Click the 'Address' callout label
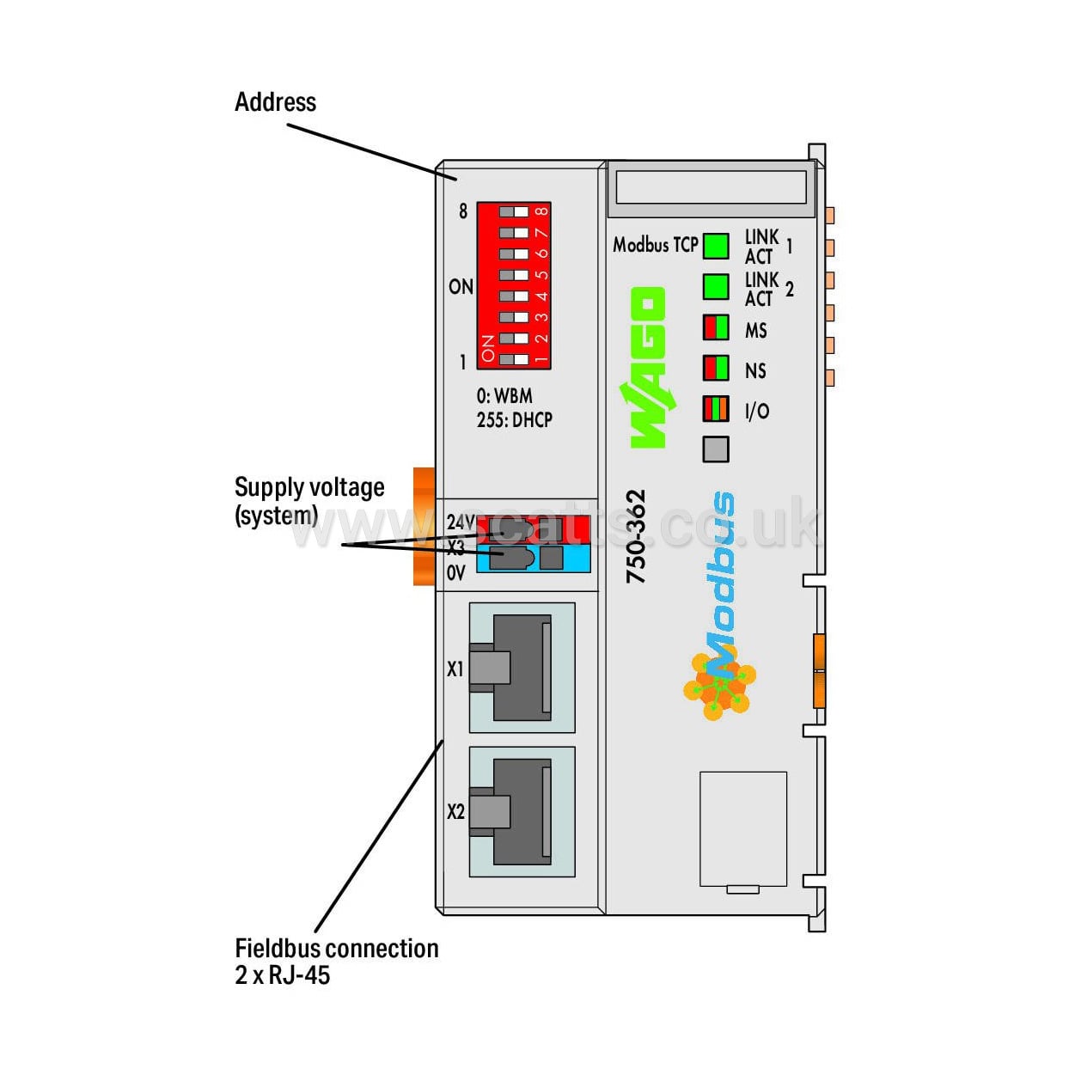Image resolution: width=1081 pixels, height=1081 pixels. pyautogui.click(x=275, y=102)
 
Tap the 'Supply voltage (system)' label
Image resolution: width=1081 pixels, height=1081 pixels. pyautogui.click(x=308, y=500)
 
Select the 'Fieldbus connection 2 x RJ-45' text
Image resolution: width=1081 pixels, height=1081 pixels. pyautogui.click(x=336, y=961)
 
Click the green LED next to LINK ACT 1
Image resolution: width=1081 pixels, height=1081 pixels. pyautogui.click(x=716, y=246)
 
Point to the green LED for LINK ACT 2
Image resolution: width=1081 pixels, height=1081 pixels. pyautogui.click(x=716, y=287)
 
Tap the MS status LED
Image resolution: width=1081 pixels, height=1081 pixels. pyautogui.click(x=716, y=328)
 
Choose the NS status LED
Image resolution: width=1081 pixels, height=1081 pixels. pyautogui.click(x=716, y=368)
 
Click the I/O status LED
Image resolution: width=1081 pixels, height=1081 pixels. pyautogui.click(x=716, y=408)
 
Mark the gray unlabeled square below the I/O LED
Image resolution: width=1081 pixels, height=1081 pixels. pyautogui.click(x=716, y=449)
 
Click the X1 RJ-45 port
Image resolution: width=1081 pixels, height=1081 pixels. pyautogui.click(x=522, y=668)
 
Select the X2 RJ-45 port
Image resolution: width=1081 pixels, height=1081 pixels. pyautogui.click(x=522, y=812)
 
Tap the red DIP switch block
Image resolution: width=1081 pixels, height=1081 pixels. pyautogui.click(x=514, y=285)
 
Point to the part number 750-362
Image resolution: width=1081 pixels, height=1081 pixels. pyautogui.click(x=636, y=537)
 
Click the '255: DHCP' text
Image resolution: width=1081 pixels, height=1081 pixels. pyautogui.click(x=514, y=420)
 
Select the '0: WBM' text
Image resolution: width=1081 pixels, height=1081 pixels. pyautogui.click(x=504, y=396)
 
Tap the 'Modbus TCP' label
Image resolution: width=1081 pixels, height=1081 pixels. pyautogui.click(x=655, y=245)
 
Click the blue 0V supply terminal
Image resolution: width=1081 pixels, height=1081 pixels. pyautogui.click(x=533, y=559)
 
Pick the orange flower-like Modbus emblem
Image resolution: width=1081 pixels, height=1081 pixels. pyautogui.click(x=720, y=685)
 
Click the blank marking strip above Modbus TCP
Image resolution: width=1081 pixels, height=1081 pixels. pyautogui.click(x=711, y=186)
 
